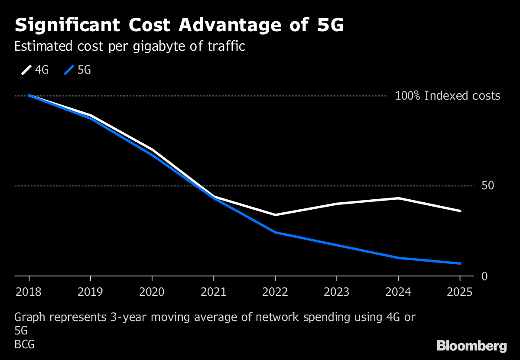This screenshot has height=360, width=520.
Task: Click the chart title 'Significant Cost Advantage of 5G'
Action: click(x=179, y=26)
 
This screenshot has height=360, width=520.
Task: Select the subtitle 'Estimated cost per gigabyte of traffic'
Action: click(x=130, y=46)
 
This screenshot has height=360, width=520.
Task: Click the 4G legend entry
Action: click(x=35, y=70)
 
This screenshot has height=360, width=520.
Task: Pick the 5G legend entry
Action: click(x=78, y=70)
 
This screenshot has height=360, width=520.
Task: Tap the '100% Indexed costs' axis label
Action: click(x=447, y=96)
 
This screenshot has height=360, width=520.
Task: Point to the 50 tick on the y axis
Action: click(x=488, y=186)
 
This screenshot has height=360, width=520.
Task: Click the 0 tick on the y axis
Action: click(x=484, y=276)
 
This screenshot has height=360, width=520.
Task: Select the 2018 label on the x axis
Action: click(x=29, y=292)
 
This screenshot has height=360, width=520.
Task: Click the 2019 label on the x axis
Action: click(x=90, y=292)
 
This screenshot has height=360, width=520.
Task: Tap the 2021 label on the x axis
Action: click(x=213, y=292)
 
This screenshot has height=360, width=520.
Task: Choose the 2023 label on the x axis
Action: click(x=336, y=292)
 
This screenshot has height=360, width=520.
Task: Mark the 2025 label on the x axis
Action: click(x=459, y=292)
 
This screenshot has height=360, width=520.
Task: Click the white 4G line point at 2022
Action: click(x=275, y=215)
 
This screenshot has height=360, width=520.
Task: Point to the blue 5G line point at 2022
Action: click(x=275, y=233)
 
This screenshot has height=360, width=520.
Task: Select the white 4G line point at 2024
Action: click(x=398, y=198)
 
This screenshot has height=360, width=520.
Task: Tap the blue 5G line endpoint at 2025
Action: click(x=460, y=263)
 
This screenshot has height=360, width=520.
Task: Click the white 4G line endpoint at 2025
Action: click(x=460, y=211)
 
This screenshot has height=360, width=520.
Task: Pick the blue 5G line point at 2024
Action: click(x=398, y=258)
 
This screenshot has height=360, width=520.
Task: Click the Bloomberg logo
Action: click(x=471, y=346)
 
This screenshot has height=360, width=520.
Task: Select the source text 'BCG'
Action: click(x=24, y=345)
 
